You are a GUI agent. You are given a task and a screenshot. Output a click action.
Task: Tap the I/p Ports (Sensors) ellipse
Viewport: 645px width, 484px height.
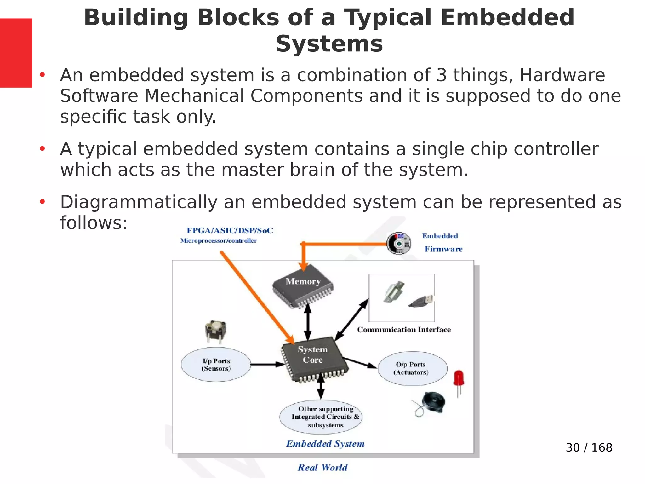tap(216, 365)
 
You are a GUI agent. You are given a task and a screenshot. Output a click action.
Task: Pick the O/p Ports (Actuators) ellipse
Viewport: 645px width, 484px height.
tap(412, 368)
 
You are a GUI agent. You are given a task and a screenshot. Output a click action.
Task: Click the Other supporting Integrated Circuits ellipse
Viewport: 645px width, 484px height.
tap(321, 417)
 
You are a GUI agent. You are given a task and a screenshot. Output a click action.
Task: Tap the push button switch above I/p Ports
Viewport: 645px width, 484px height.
tap(215, 331)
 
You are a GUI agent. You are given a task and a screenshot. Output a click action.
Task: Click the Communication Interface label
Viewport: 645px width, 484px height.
tap(404, 330)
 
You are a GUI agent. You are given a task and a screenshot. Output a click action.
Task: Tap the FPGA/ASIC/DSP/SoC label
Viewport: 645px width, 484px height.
tap(230, 231)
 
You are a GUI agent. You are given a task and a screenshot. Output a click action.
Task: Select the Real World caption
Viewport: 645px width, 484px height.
tap(322, 467)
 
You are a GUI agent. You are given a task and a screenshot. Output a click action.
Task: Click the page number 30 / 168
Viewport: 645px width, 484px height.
tap(589, 447)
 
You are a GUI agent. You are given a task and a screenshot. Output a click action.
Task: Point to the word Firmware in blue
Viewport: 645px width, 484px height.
tap(443, 249)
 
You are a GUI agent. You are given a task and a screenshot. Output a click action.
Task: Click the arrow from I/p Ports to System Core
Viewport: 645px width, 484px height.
tap(268, 365)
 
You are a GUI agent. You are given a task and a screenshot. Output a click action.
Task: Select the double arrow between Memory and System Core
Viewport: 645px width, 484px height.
tap(308, 321)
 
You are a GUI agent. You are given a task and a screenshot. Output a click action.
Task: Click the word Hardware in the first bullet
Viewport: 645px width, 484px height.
tap(562, 75)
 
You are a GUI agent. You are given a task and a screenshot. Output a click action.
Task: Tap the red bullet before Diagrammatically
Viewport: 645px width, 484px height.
tap(43, 202)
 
